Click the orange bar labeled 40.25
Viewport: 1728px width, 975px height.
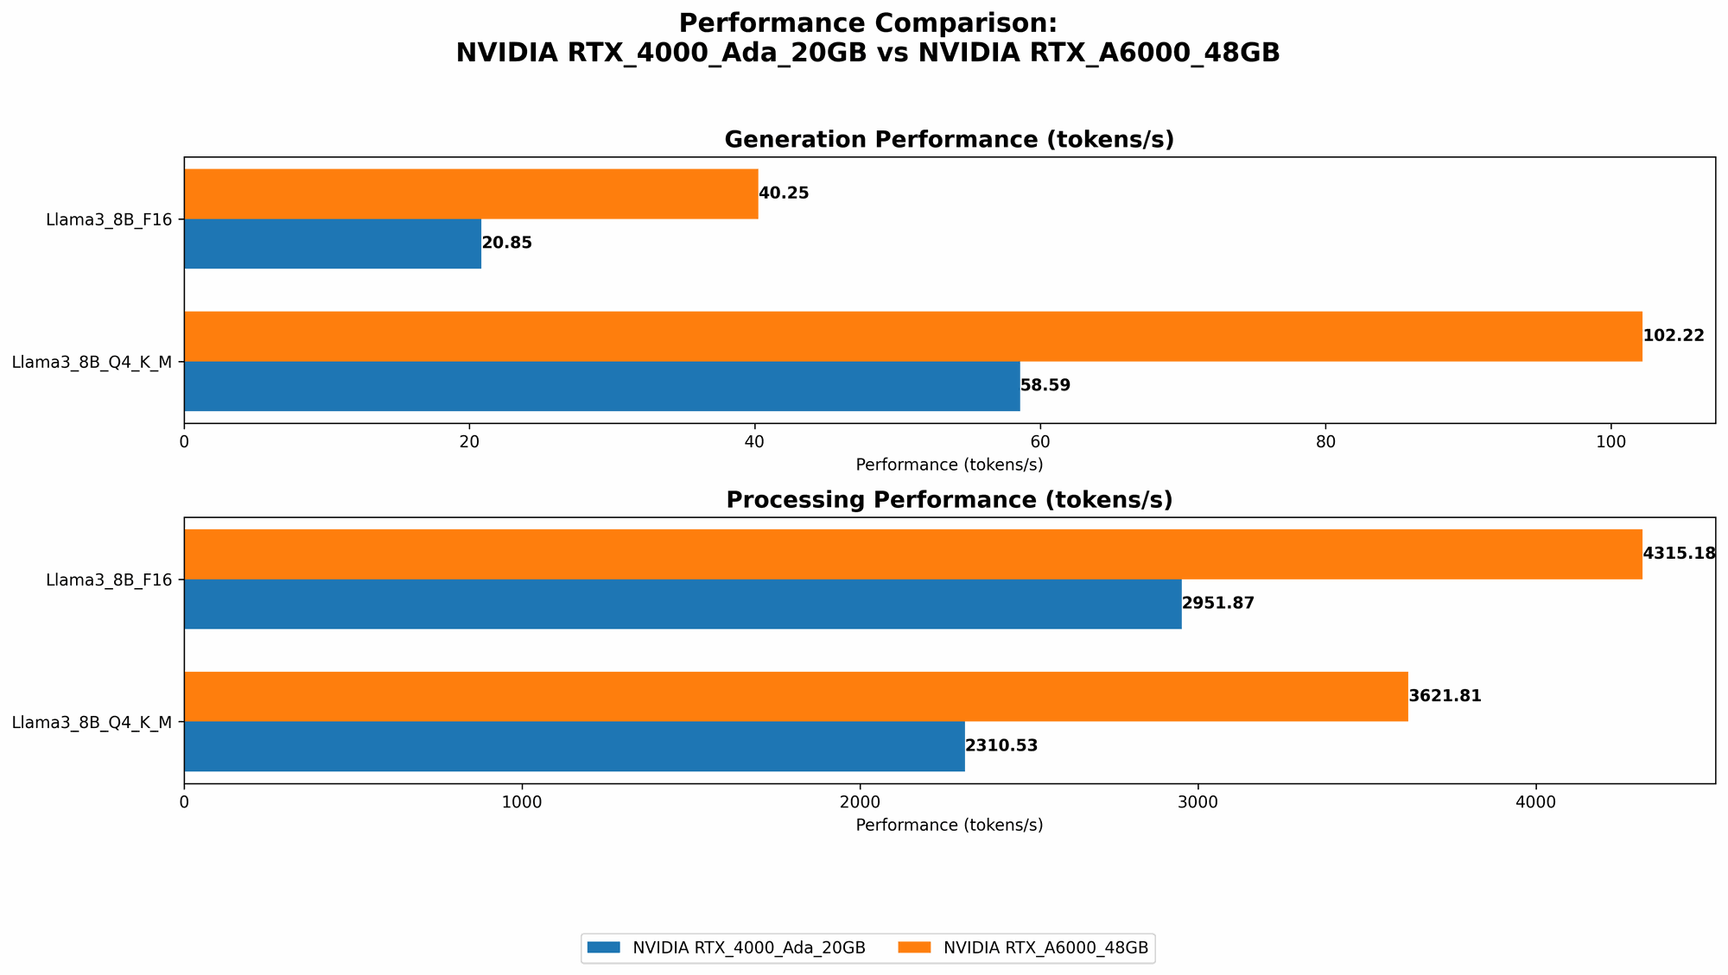pos(471,193)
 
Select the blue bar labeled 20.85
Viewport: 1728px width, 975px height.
pos(333,244)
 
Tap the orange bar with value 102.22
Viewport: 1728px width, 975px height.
pos(912,336)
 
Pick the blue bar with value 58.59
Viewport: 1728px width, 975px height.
pos(601,386)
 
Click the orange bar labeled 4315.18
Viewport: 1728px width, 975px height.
pos(912,554)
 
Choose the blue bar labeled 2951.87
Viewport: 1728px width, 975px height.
pos(683,604)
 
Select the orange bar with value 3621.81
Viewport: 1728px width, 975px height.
pos(796,696)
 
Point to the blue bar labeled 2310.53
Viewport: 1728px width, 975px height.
pos(574,746)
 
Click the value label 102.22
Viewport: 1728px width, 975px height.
pos(1673,336)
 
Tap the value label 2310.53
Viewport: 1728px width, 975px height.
pos(1001,746)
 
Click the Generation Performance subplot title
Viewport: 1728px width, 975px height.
pos(949,140)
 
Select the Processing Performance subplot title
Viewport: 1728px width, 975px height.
pos(949,500)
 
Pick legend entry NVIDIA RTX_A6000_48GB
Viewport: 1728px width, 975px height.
pos(1045,948)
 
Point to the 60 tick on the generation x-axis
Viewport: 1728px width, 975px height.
pos(1040,441)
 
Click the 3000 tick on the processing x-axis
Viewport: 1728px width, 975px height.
pos(1198,801)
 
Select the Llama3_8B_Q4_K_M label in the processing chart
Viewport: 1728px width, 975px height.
pos(92,722)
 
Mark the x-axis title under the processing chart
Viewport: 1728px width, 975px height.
pos(949,825)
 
